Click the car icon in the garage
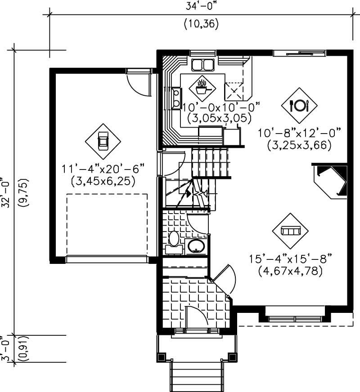point(103,141)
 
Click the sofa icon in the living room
point(290,231)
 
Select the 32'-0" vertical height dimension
point(6,193)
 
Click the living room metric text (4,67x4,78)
point(290,271)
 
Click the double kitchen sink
point(202,65)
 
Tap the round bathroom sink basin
point(196,246)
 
